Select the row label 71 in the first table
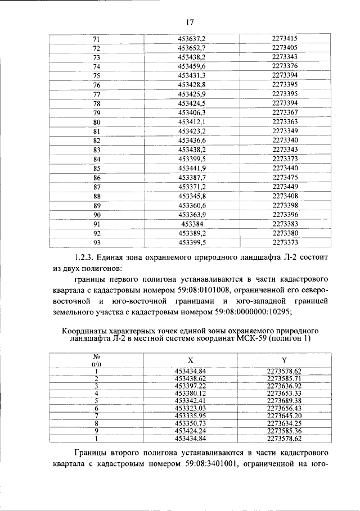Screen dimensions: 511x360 (96, 39)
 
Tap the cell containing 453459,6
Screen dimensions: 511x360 (192, 66)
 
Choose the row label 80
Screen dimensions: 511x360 (96, 122)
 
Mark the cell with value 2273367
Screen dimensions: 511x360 (285, 112)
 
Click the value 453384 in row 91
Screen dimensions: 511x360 (192, 224)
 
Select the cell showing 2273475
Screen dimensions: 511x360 (285, 177)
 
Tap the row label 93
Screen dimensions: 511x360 (96, 242)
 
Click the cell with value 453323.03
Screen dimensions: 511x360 (192, 408)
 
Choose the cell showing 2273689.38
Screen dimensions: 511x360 (285, 400)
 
